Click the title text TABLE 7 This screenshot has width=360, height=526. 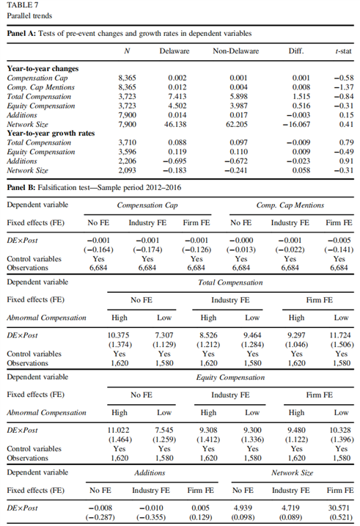(23, 5)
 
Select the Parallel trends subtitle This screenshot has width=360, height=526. (29, 15)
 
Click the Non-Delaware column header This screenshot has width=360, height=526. (235, 51)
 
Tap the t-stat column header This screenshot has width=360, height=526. (343, 51)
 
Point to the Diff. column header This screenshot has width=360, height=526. (296, 51)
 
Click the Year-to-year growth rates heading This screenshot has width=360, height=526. (51, 134)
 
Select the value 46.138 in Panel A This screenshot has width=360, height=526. (175, 124)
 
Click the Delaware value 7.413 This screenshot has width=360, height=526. (177, 96)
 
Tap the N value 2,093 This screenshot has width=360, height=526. (127, 170)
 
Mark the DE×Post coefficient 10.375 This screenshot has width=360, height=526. (118, 335)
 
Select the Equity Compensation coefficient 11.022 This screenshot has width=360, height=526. (118, 430)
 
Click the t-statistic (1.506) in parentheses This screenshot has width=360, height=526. (342, 345)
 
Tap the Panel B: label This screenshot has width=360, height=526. (21, 188)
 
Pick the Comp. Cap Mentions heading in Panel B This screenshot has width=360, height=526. (290, 205)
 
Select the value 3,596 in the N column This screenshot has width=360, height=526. (127, 152)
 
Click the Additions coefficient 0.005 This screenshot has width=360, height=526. (200, 508)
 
